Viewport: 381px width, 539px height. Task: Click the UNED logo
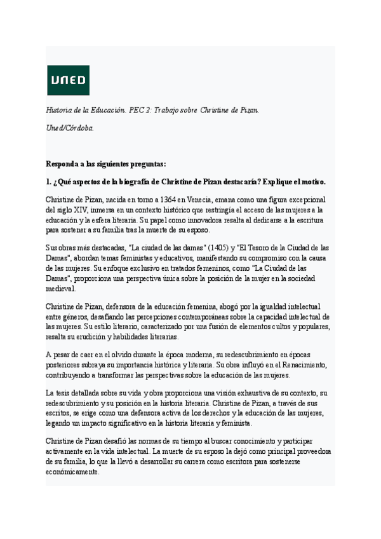click(68, 80)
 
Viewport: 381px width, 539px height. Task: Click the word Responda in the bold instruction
click(65, 163)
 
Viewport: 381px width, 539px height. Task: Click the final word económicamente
click(72, 472)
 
